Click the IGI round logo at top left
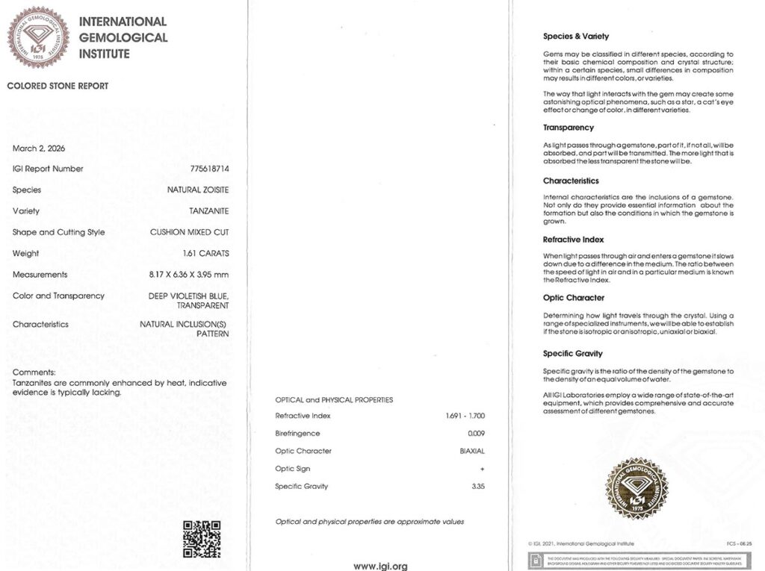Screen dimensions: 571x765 [38, 37]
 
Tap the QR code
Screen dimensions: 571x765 [202, 539]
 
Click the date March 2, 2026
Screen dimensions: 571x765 [39, 149]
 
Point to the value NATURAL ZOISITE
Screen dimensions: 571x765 [198, 190]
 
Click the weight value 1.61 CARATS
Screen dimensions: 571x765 [205, 254]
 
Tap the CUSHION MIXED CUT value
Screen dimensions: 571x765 [189, 232]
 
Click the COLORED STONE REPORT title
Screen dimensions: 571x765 [58, 86]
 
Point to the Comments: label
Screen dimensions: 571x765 [34, 372]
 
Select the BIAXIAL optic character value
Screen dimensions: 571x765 [472, 451]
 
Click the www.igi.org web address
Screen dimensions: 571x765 [380, 567]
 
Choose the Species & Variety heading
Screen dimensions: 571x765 [576, 36]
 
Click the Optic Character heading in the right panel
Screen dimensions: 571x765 [574, 298]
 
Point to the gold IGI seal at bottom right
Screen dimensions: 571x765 [636, 488]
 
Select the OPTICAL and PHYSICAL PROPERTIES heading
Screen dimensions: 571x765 [334, 400]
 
